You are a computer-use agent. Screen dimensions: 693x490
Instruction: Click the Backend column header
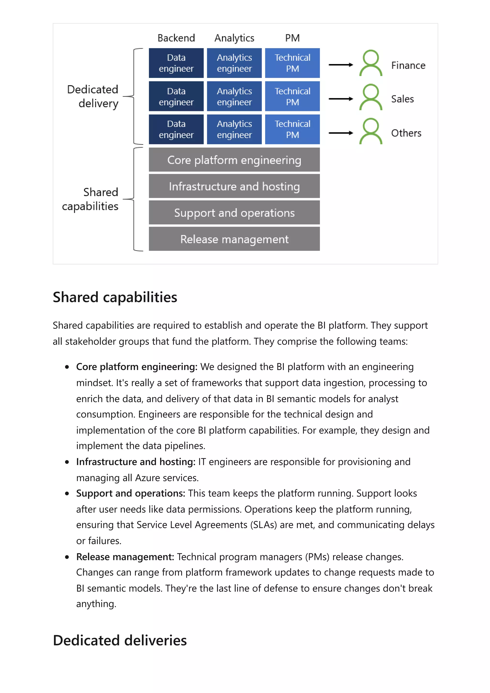(176, 38)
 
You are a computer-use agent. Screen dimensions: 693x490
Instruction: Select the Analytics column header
(234, 38)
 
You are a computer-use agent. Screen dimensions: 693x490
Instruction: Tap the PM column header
(292, 38)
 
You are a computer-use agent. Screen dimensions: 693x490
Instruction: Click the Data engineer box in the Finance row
(176, 63)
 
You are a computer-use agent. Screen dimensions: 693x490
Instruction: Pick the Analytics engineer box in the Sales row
(234, 96)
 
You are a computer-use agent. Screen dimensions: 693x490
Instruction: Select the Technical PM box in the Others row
(292, 129)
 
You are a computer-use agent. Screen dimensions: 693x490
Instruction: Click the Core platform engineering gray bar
(234, 160)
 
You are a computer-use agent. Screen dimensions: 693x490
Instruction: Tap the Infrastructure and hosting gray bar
(234, 186)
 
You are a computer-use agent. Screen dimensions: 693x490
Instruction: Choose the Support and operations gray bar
(234, 213)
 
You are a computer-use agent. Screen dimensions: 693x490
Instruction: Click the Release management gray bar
(234, 239)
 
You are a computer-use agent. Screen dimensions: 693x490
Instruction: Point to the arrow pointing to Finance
(340, 65)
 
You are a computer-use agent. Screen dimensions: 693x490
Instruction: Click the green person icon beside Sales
(370, 97)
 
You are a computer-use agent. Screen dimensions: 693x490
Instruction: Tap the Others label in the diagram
(406, 133)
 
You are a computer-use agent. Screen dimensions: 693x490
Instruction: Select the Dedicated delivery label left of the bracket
(93, 96)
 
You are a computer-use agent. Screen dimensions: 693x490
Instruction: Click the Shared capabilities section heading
(115, 297)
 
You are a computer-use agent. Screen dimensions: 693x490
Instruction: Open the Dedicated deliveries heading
(120, 640)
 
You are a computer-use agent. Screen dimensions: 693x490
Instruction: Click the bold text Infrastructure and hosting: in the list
(136, 462)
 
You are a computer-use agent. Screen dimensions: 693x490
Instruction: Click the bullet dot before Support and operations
(67, 494)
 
